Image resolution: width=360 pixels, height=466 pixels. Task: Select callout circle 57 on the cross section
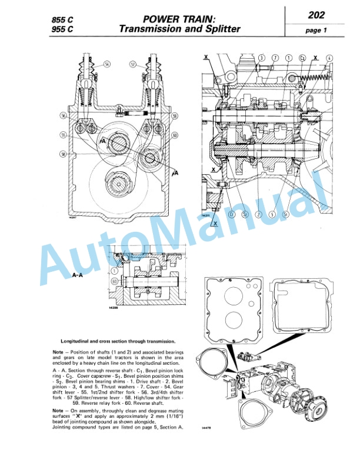(x=133, y=63)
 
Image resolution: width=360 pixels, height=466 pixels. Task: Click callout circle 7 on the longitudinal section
(x=275, y=58)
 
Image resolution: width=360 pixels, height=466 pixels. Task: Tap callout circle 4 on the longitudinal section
(x=329, y=58)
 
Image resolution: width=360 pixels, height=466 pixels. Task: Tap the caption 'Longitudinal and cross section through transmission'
(x=118, y=341)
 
